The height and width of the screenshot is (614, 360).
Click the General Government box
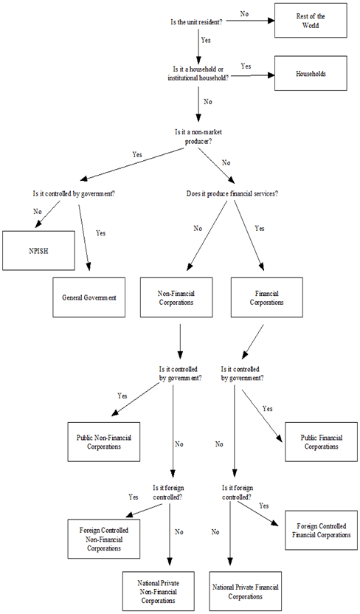[87, 297]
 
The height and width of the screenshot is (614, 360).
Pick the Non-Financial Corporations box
[176, 297]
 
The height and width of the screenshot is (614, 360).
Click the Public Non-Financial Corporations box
[103, 443]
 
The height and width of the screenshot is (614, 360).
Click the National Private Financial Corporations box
[246, 591]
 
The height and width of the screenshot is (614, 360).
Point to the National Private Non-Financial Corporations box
[159, 591]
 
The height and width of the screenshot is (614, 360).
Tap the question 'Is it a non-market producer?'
[197, 137]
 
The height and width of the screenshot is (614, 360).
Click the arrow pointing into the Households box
[255, 75]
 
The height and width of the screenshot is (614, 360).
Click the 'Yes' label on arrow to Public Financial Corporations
[268, 408]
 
